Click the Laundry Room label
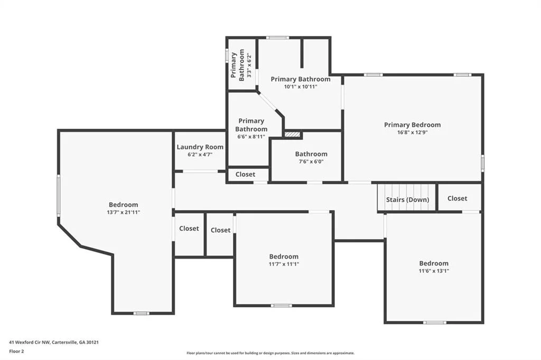pos(200,147)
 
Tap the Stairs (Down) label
pos(407,200)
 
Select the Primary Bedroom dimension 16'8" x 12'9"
pos(412,132)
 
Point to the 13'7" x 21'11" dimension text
pos(124,212)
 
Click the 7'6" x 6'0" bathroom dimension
pos(311,162)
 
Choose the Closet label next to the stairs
pos(457,198)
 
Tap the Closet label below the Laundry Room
pos(245,175)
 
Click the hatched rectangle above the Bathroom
pos(293,134)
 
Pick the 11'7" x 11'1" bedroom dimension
pos(284,264)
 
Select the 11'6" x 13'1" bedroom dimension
pos(434,271)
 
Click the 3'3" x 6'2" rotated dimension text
pos(249,65)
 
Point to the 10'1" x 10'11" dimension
pos(301,87)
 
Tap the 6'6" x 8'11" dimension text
pos(251,137)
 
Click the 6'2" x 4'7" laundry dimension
pos(200,155)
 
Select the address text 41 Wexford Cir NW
pos(30,343)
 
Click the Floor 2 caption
pos(16,352)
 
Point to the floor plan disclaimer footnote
pos(270,353)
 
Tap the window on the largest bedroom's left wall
pos(59,195)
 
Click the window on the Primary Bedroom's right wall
pos(482,163)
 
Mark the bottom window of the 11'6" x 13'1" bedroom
pos(434,323)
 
